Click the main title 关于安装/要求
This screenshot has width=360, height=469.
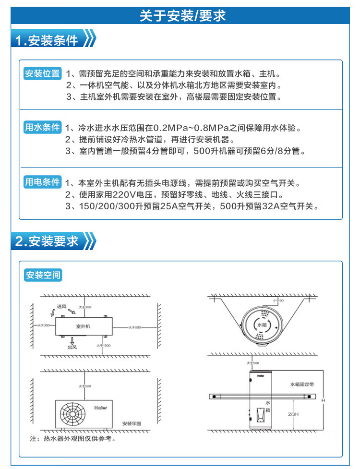182,16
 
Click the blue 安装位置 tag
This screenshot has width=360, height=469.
43,74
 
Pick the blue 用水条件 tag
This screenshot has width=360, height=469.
43,128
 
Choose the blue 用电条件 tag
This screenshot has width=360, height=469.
43,182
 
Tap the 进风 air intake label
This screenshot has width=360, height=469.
61,307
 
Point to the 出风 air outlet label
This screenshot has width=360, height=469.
72,347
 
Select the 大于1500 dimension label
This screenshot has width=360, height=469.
103,346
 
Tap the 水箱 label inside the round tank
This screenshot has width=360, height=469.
261,325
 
